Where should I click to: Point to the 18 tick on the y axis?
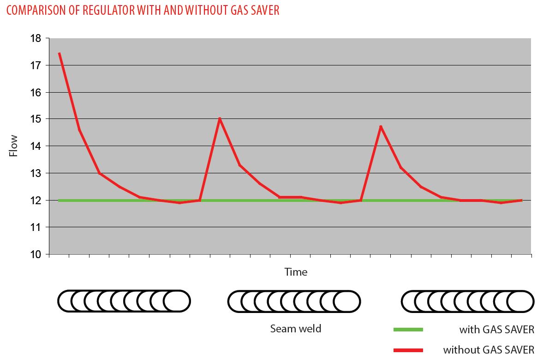point(36,39)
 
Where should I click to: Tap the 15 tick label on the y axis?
point(36,119)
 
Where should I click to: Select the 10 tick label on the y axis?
point(36,254)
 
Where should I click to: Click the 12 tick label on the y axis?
point(36,201)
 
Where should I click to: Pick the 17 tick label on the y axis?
point(36,65)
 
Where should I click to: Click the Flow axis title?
point(14,146)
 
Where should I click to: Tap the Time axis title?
point(296,272)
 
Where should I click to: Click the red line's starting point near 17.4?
point(60,53)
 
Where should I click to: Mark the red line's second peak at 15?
point(220,119)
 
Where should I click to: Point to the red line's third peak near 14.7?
point(381,126)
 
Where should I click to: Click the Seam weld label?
point(296,329)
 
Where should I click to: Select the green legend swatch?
point(408,330)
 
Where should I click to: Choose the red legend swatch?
point(408,350)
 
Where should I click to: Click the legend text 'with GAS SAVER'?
point(496,330)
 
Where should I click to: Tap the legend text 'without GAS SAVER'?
point(489,350)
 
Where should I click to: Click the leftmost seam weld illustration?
point(124,301)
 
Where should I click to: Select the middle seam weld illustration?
point(294,301)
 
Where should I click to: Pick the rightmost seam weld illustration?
point(468,301)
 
